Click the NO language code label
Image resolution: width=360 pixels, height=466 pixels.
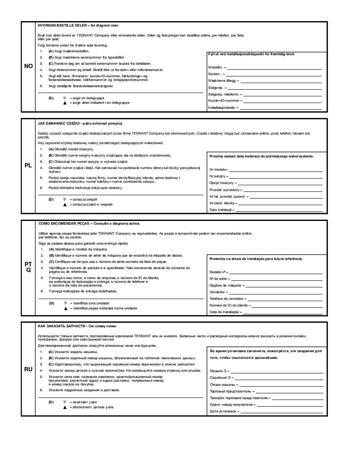(x=28, y=66)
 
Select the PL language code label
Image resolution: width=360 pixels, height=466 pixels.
(x=28, y=165)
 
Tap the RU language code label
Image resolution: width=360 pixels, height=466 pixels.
(x=28, y=369)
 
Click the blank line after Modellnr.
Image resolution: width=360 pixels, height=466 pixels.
(x=274, y=67)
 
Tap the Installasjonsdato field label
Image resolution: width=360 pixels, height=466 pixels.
(x=223, y=108)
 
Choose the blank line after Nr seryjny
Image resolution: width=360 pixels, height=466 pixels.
(x=275, y=177)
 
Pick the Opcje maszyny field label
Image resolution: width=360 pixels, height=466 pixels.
(x=222, y=183)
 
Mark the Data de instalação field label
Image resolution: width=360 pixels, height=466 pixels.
(x=224, y=312)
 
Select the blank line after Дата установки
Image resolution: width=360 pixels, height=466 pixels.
(x=282, y=412)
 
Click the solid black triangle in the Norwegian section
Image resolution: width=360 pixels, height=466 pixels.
(x=65, y=103)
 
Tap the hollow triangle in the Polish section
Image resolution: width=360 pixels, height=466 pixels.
(x=64, y=199)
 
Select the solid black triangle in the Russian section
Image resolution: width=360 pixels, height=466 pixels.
(x=65, y=407)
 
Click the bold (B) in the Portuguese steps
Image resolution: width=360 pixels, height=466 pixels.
(x=51, y=256)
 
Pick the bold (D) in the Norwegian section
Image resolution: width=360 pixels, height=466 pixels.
(x=51, y=98)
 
